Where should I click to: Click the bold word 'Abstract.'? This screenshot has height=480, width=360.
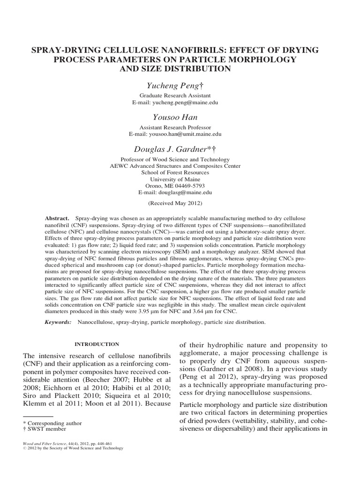(x=57, y=219)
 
